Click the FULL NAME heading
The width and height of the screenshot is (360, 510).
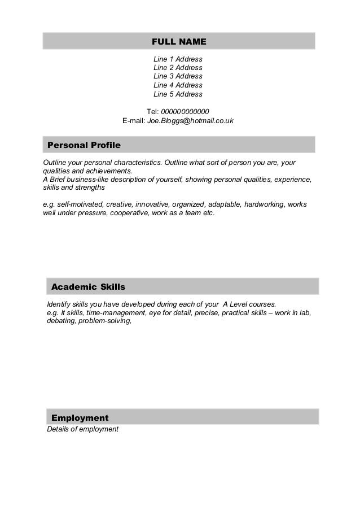pyautogui.click(x=179, y=42)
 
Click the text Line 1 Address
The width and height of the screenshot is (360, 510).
pyautogui.click(x=178, y=59)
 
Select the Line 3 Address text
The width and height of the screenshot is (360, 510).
pyautogui.click(x=178, y=76)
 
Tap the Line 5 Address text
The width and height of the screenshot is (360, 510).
pyautogui.click(x=178, y=94)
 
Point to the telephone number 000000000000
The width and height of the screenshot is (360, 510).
pyautogui.click(x=185, y=111)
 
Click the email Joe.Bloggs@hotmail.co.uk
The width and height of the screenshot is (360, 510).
pyautogui.click(x=190, y=121)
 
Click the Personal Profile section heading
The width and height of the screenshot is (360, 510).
pyautogui.click(x=84, y=145)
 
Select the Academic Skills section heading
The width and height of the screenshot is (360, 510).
pyautogui.click(x=88, y=287)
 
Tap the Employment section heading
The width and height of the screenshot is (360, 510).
pyautogui.click(x=80, y=418)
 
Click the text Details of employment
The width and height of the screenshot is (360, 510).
pyautogui.click(x=82, y=429)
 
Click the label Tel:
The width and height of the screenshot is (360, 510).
pyautogui.click(x=153, y=111)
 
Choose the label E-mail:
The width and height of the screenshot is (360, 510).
pyautogui.click(x=134, y=121)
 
